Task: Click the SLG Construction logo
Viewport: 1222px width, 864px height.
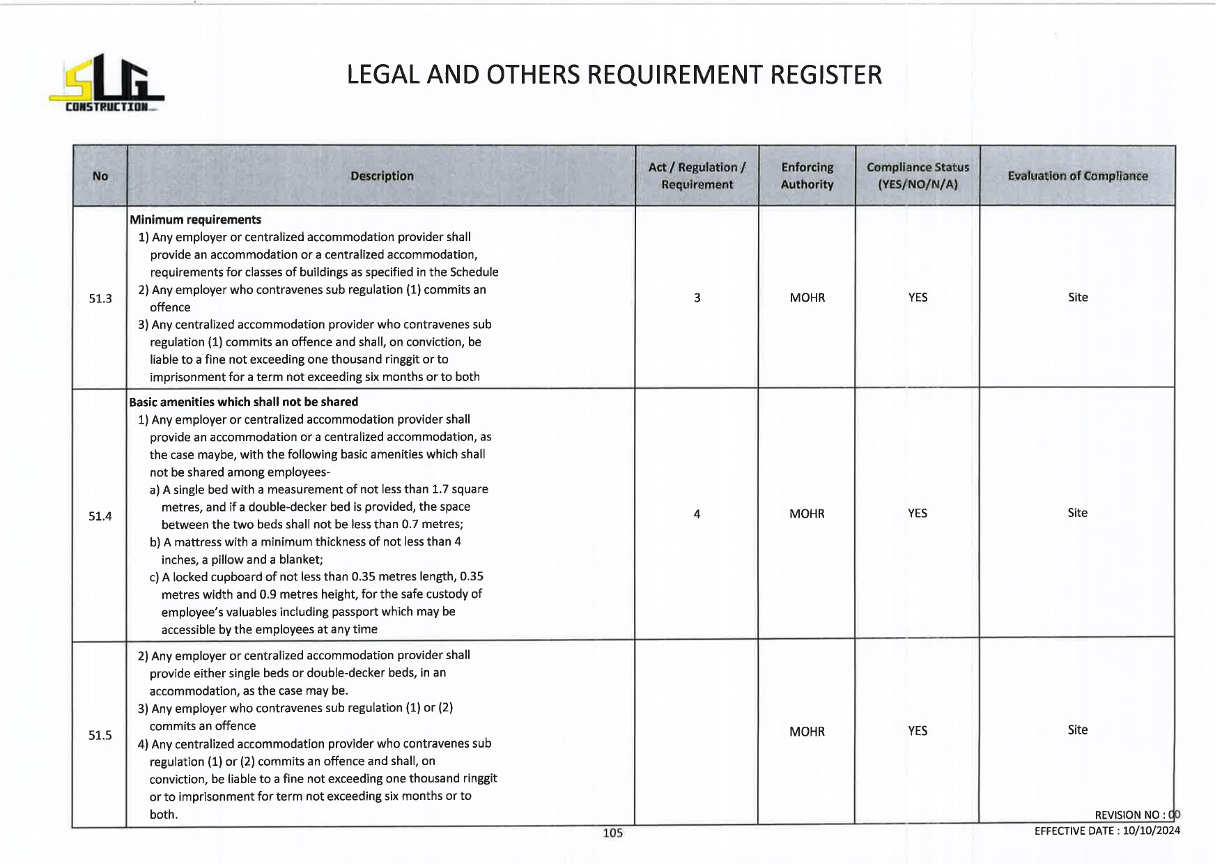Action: (x=106, y=84)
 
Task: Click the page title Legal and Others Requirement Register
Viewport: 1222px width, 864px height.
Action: (x=614, y=75)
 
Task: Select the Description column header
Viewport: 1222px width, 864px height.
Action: (x=382, y=176)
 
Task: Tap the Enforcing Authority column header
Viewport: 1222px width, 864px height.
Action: (x=807, y=176)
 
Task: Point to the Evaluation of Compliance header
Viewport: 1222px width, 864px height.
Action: (x=1077, y=176)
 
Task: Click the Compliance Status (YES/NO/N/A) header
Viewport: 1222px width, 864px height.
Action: (x=918, y=176)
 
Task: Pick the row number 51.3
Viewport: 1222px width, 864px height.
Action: (x=100, y=299)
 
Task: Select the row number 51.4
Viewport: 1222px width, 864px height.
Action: (x=100, y=516)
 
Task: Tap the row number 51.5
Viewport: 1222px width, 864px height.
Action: (x=100, y=736)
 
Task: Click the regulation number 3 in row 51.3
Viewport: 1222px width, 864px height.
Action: (x=697, y=298)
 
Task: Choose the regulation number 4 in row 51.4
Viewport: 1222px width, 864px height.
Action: (x=697, y=514)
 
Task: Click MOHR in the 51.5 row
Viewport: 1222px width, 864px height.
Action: (x=807, y=732)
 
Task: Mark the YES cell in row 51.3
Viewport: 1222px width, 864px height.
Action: (x=918, y=298)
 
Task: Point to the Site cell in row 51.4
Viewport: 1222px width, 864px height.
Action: (x=1077, y=513)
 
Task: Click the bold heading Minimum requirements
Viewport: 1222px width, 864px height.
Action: (x=196, y=219)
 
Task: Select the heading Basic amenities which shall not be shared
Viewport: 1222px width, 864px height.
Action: (x=244, y=402)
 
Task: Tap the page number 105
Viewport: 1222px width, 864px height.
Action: (x=612, y=833)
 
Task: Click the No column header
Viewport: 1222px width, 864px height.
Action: (x=100, y=176)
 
